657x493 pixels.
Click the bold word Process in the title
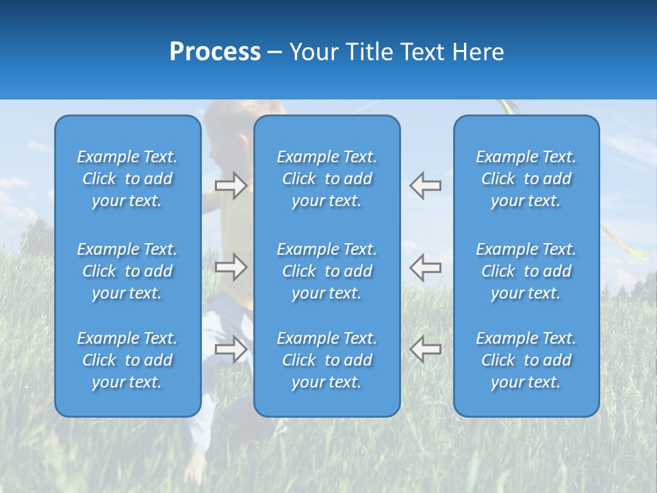point(215,52)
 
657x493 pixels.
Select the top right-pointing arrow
point(231,186)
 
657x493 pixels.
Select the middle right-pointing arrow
point(231,267)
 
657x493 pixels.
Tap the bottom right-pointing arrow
point(231,349)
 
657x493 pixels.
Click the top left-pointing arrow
point(425,186)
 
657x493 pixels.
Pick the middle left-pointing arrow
point(425,267)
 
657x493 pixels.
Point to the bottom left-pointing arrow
point(425,349)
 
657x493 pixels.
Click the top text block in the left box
point(127,179)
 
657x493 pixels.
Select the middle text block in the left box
point(127,271)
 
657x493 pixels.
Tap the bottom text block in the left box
point(127,360)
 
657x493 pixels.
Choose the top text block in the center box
point(327,179)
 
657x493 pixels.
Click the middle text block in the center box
point(327,271)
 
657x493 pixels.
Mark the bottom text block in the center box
point(327,360)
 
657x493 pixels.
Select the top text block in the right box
point(526,179)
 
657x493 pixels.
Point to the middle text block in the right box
point(526,271)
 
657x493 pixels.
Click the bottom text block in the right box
point(526,360)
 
